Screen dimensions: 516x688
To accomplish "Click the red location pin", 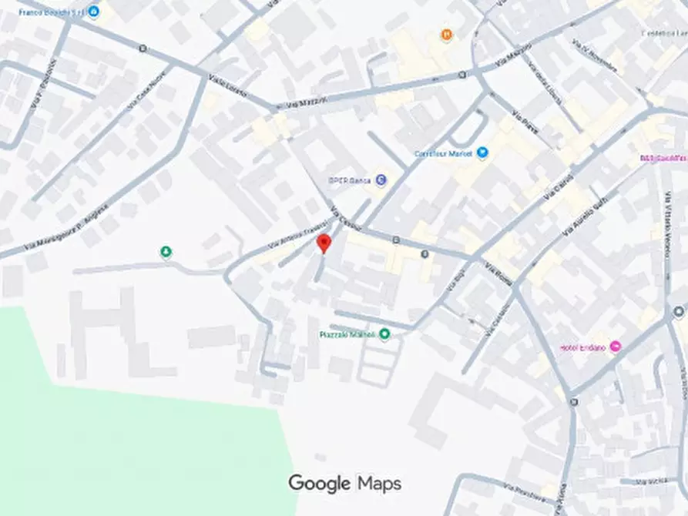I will coord(324,243).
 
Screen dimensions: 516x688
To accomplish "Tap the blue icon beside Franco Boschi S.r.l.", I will coord(94,12).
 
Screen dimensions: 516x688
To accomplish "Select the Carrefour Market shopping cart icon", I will coord(483,152).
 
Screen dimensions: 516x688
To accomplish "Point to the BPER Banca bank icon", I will coord(381,179).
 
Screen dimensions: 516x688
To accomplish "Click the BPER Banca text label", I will coord(351,179).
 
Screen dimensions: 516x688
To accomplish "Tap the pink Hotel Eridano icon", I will coord(615,347).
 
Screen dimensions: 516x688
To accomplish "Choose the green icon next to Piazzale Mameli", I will coord(384,333).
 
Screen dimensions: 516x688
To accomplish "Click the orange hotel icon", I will coord(446,34).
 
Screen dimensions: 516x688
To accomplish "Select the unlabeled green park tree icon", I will coord(166,252).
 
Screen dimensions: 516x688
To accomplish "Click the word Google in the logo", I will coord(320,484).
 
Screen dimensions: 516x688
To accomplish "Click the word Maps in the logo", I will coord(379,484).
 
